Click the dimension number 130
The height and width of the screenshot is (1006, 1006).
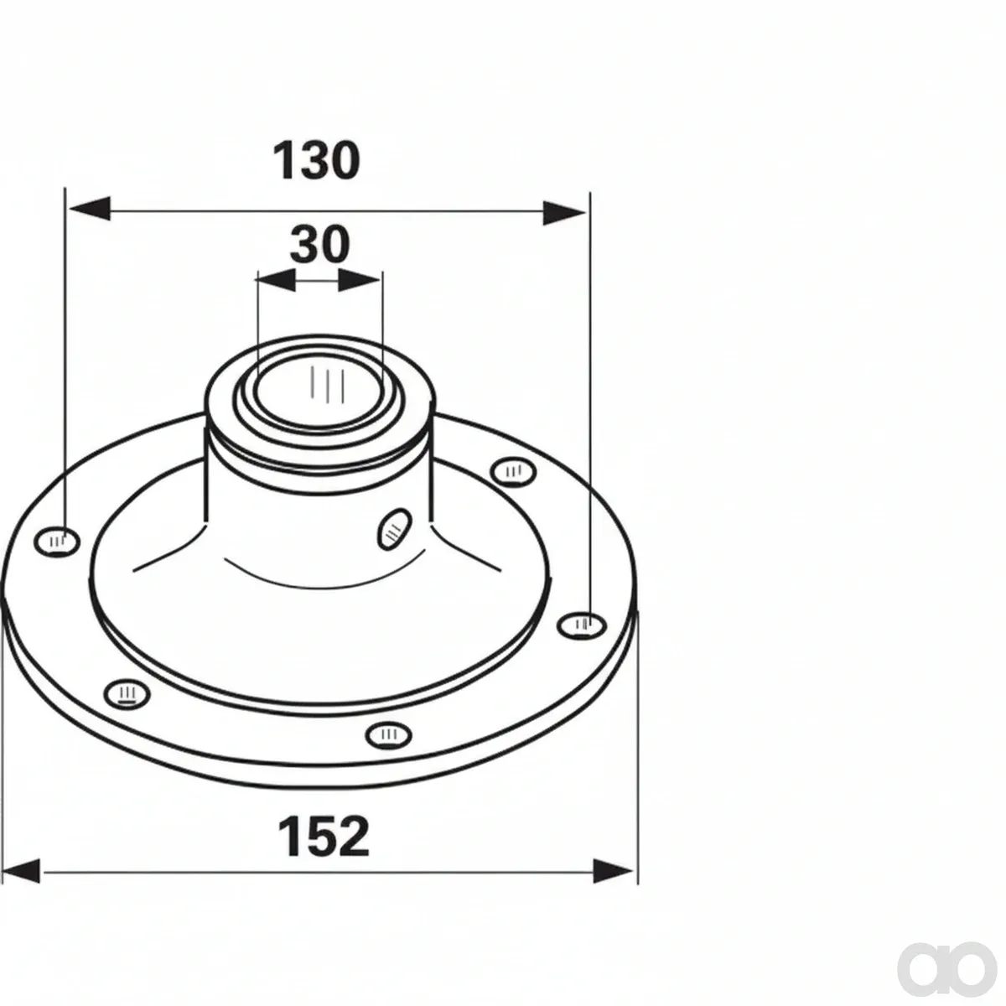(x=317, y=160)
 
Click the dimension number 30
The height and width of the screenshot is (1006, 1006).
(x=320, y=244)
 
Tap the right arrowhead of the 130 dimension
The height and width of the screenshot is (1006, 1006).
(x=564, y=212)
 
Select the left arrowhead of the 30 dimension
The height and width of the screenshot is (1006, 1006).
(x=277, y=280)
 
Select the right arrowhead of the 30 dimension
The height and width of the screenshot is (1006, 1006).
(x=359, y=280)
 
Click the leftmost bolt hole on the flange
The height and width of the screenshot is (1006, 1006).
(x=58, y=542)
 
